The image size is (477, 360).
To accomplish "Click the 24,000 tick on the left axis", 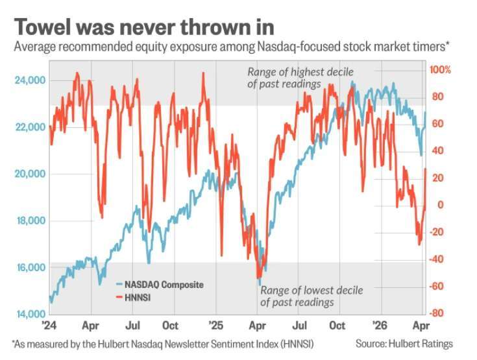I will tap(29, 80).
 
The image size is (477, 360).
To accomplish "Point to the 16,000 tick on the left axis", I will tap(29, 267).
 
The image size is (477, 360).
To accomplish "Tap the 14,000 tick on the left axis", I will tap(29, 315).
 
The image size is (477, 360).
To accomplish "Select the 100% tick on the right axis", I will tap(440, 69).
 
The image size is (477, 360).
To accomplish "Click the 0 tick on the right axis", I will tap(440, 205).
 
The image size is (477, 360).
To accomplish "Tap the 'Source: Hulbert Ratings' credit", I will tap(404, 343).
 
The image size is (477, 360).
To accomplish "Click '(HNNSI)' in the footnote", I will tap(306, 343).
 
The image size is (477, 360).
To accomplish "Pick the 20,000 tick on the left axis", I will tap(29, 174).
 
